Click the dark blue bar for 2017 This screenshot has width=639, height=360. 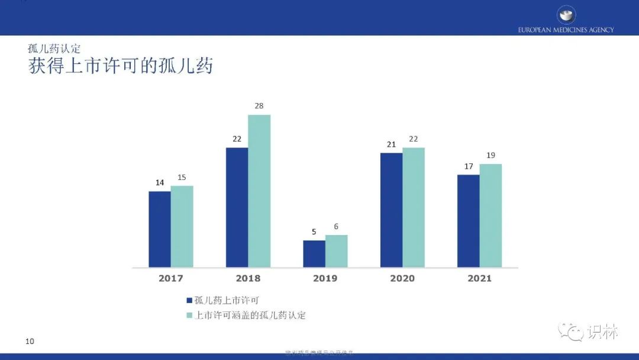point(160,229)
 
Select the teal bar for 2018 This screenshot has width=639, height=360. point(259,191)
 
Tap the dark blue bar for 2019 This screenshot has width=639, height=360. point(314,253)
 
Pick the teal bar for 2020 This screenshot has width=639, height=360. point(414,207)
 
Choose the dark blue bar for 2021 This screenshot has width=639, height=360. point(468,221)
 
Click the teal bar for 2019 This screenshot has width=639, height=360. point(337,251)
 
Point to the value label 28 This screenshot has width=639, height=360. point(259,106)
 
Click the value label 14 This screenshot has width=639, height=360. point(160,182)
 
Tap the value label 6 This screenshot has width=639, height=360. point(337,226)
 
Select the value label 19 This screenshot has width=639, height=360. point(490,155)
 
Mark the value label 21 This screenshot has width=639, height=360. point(391,144)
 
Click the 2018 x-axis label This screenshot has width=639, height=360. point(248,278)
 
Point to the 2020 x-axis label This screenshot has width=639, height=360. point(402,278)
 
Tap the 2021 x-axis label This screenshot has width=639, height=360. point(479,278)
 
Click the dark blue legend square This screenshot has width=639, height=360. point(189,301)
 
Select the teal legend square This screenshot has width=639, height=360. point(189,316)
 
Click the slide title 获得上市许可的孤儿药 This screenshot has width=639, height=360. point(121,66)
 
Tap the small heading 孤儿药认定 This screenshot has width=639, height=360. point(54,49)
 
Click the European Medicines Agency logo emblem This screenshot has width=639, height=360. point(566,14)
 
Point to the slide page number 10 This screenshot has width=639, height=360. point(30,341)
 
